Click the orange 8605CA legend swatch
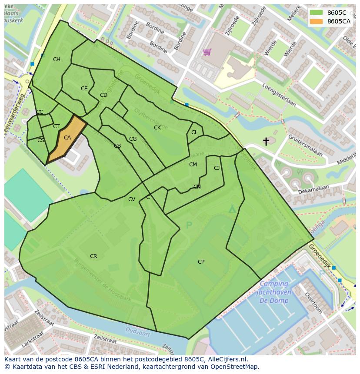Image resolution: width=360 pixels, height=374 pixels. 316,21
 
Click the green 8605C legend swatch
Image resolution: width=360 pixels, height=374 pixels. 316,13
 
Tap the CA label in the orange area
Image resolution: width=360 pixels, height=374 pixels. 67,138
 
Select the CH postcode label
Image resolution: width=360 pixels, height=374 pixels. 57,60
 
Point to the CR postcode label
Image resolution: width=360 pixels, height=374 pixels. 93,256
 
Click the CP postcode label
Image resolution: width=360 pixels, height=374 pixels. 201,262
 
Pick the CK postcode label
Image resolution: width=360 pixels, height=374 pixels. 157,128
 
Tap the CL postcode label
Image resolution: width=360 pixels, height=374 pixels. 194,132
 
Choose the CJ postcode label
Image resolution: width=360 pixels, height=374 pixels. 217,168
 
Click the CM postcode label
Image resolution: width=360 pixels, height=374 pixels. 193,165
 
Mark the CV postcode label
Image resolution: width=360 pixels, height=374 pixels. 132,199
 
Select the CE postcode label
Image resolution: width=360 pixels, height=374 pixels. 84,89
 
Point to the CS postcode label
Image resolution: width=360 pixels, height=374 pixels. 41,140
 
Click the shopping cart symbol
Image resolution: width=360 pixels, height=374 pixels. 207,52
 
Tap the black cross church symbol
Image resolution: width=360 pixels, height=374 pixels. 266,141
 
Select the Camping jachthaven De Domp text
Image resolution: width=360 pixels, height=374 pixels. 275,292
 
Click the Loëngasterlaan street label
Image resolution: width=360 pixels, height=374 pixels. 279,95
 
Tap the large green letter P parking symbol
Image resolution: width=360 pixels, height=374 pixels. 189,225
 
